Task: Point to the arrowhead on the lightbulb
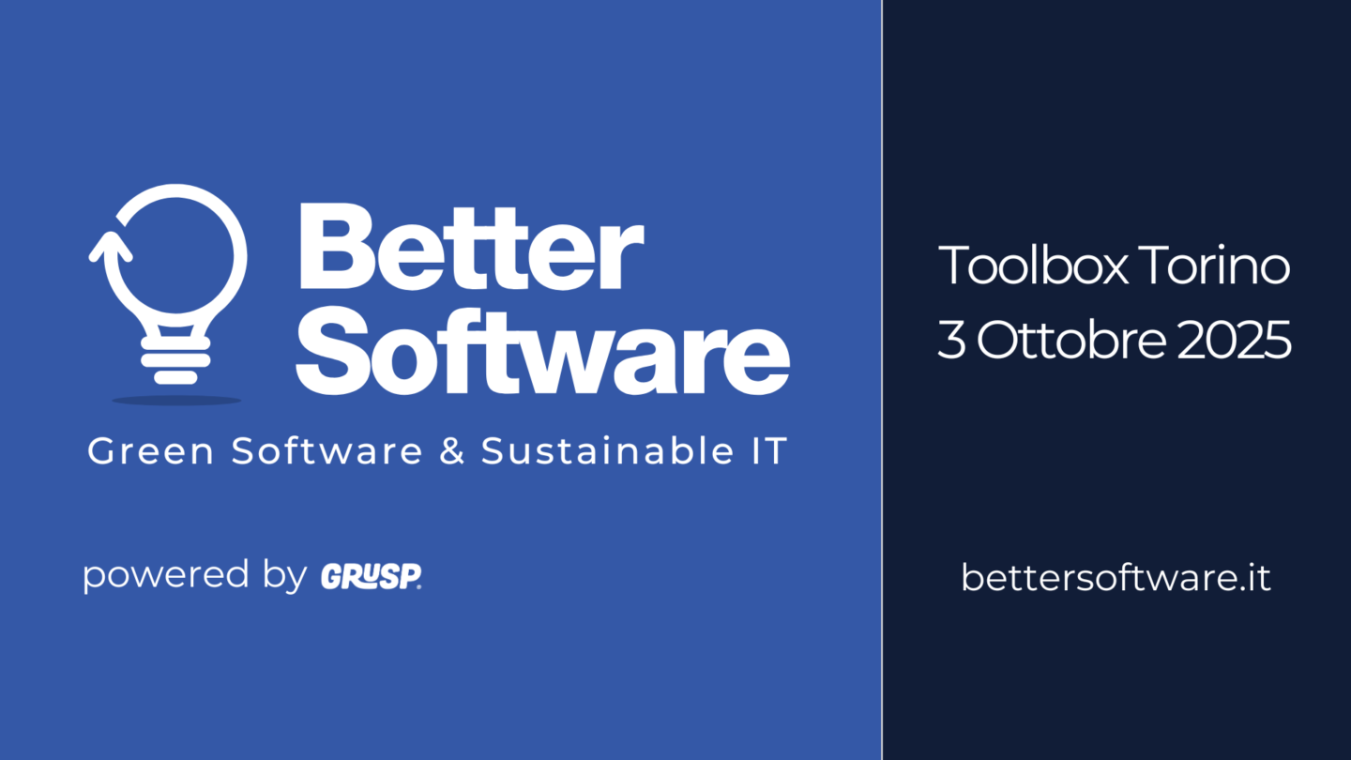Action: pos(111,247)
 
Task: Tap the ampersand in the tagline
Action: pos(451,451)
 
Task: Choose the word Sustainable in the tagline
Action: pos(597,451)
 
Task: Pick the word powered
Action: pos(166,575)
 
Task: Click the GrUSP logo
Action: pos(371,576)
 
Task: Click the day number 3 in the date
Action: pos(950,342)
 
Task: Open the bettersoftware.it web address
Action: pos(1116,577)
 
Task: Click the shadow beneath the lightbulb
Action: pos(176,400)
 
